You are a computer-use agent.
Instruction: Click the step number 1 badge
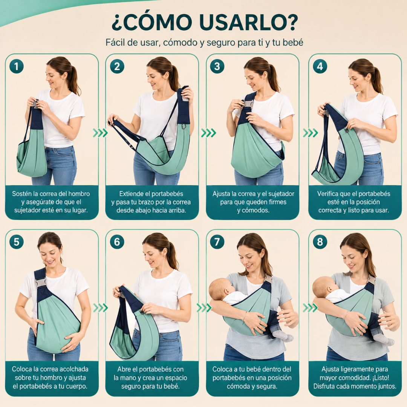[x=16, y=66]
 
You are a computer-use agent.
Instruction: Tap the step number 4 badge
[x=320, y=66]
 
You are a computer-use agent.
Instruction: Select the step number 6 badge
[x=117, y=242]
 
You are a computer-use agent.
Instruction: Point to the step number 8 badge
[x=320, y=242]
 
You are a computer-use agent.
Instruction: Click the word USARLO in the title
[x=248, y=22]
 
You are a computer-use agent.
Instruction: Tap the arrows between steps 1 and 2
[x=101, y=133]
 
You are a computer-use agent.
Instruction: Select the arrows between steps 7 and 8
[x=310, y=308]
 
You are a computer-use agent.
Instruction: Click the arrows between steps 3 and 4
[x=310, y=133]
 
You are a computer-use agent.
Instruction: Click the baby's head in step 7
[x=220, y=289]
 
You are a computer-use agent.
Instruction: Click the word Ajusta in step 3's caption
[x=221, y=194]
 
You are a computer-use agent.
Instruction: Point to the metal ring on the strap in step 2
[x=184, y=127]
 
